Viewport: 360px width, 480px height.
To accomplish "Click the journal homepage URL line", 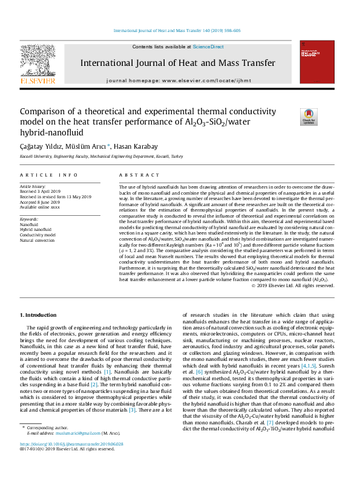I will (x=180, y=80).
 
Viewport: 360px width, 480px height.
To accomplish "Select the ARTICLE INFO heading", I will (x=50, y=175).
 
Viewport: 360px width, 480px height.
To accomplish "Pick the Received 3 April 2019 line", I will (x=42, y=192).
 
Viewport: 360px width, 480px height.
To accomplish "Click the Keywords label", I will (x=30, y=219).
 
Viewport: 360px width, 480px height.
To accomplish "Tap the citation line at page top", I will (x=180, y=30).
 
